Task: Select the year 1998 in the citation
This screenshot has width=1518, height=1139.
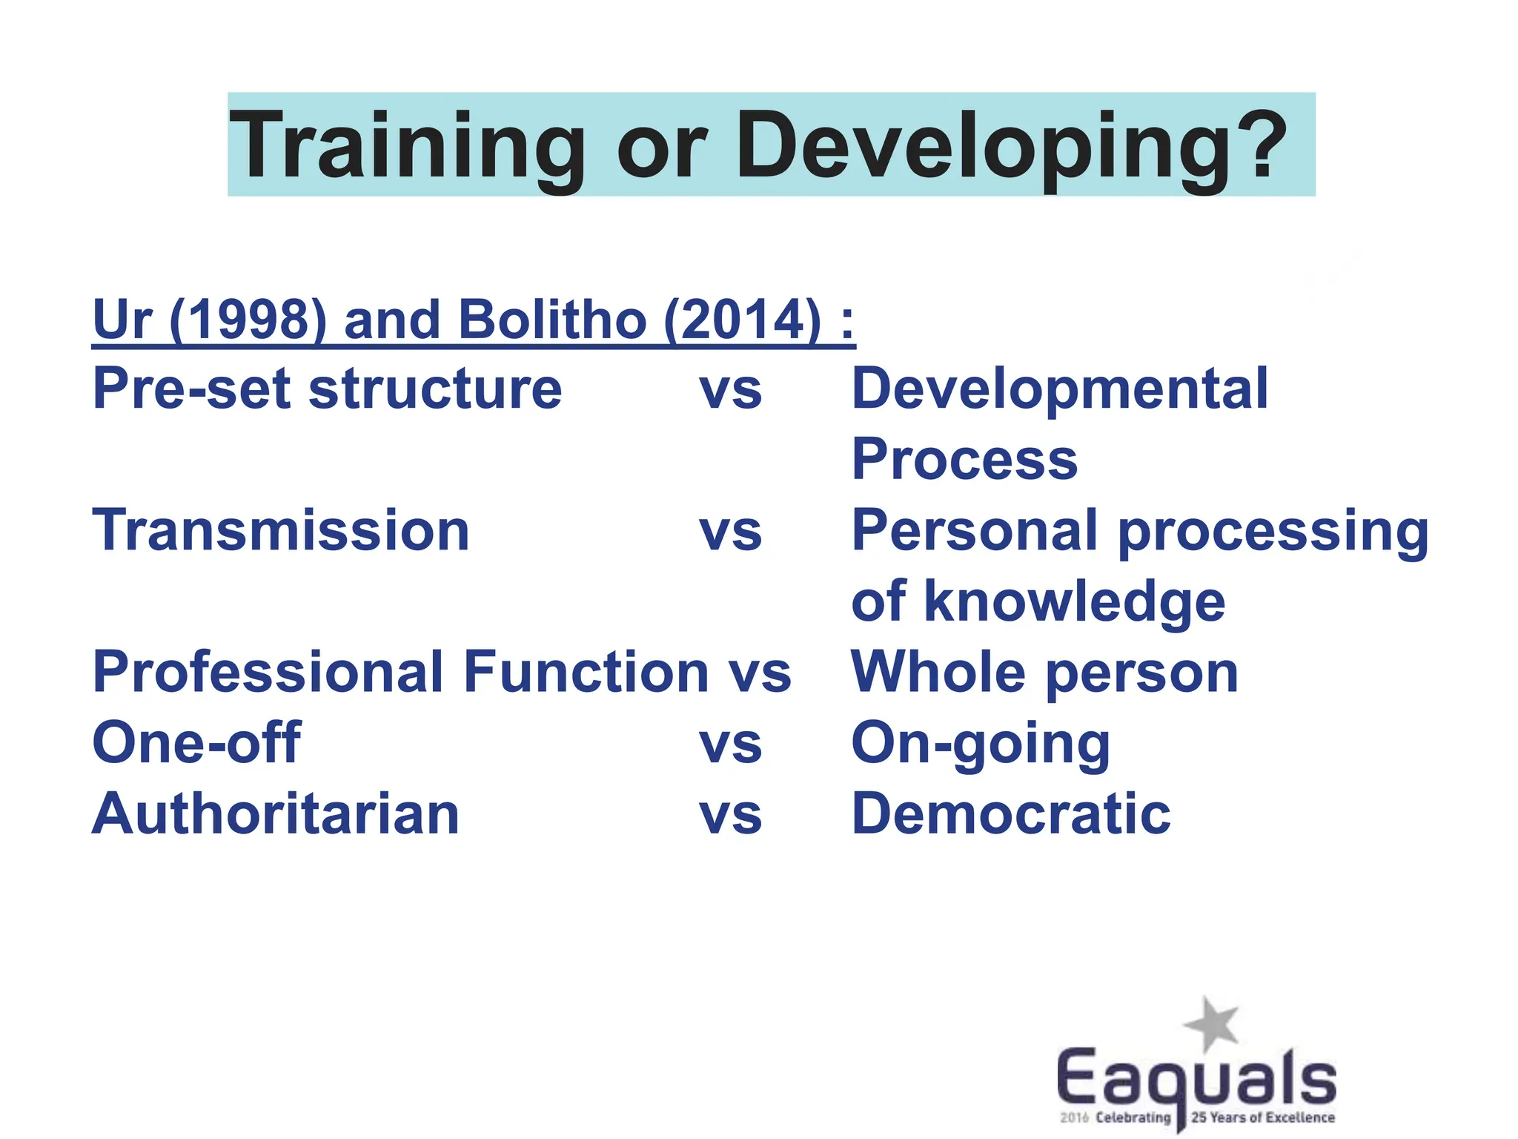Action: pyautogui.click(x=248, y=320)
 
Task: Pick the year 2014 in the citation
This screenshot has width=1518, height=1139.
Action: pyautogui.click(x=742, y=320)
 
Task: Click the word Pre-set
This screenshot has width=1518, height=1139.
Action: pyautogui.click(x=193, y=389)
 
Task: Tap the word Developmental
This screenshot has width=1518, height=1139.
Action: pyautogui.click(x=1060, y=389)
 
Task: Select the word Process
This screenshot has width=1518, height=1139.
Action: pyautogui.click(x=964, y=459)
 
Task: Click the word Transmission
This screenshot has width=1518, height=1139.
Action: pyautogui.click(x=281, y=530)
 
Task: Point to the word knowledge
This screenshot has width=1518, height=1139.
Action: pyautogui.click(x=1074, y=601)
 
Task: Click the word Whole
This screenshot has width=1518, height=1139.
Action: pyautogui.click(x=938, y=672)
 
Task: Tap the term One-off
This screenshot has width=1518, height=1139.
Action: pyautogui.click(x=196, y=742)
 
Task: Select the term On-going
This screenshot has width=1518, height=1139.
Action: pyautogui.click(x=981, y=742)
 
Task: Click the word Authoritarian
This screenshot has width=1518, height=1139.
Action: pyautogui.click(x=276, y=813)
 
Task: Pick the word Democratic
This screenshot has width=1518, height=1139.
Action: pyautogui.click(x=1011, y=813)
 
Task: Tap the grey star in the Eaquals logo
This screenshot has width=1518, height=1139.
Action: pyautogui.click(x=1211, y=1024)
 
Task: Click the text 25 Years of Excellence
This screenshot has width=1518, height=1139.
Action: pyautogui.click(x=1263, y=1117)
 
